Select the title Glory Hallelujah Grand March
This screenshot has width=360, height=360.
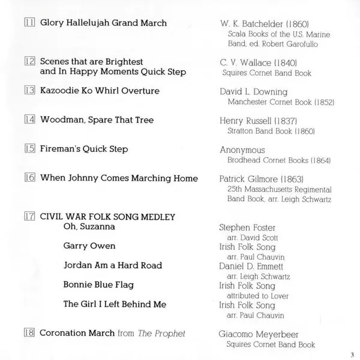click(x=103, y=23)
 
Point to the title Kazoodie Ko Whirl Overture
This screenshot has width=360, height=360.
click(x=100, y=91)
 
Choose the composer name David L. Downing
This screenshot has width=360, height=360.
click(x=254, y=92)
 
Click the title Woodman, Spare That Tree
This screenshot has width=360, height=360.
click(x=97, y=119)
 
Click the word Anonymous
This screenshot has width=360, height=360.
click(x=244, y=150)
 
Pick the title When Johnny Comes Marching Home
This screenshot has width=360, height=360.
click(x=118, y=178)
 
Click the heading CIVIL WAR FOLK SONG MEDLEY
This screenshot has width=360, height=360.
click(x=107, y=217)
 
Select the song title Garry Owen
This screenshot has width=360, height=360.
click(x=89, y=246)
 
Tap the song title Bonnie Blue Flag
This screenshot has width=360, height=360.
click(x=98, y=284)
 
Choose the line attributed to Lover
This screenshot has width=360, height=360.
click(x=257, y=296)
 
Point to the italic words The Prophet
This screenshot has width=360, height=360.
click(x=169, y=334)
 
